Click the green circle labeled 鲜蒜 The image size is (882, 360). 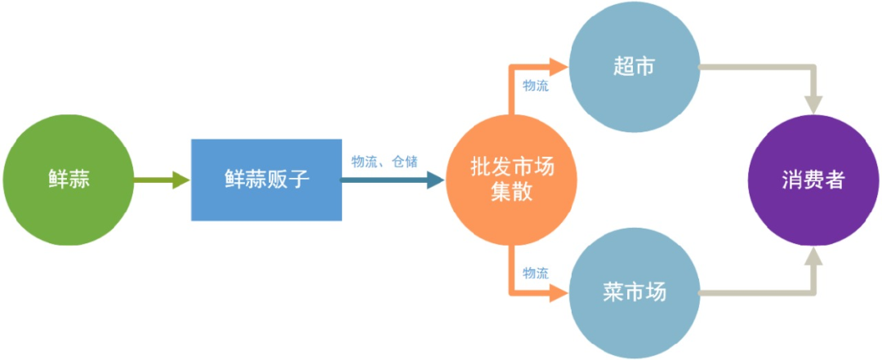click(68, 180)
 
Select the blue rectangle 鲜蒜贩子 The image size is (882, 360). click(266, 180)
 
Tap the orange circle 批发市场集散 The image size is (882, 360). click(512, 180)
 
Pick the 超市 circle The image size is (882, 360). click(634, 68)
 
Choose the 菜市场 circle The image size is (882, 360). click(634, 293)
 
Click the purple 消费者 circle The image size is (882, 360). click(814, 180)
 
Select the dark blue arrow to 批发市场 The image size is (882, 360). click(392, 180)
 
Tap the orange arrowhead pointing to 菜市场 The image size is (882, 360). click(559, 291)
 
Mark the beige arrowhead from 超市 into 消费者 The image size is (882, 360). click(814, 104)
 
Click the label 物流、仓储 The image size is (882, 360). click(384, 161)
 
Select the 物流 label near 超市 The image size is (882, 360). click(536, 86)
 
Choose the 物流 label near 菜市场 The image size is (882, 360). click(536, 273)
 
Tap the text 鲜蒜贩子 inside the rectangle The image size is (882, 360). click(266, 180)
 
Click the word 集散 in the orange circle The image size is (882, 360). click(512, 193)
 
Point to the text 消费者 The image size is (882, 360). click(814, 180)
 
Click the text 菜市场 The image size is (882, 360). click(634, 293)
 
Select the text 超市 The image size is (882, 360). click(634, 68)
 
